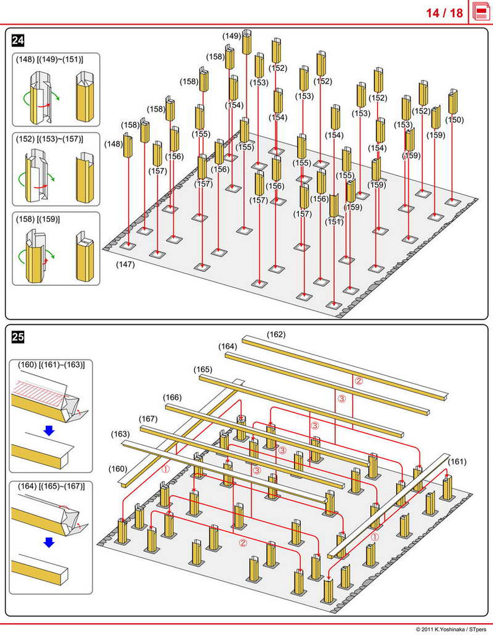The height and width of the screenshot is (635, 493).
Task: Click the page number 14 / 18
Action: [x=444, y=12]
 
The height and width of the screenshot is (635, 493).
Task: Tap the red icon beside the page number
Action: [x=481, y=12]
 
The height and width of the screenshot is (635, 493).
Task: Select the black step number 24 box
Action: [x=19, y=41]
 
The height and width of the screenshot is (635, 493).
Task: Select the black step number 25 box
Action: [x=19, y=337]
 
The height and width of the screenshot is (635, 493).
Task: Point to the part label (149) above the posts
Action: [x=231, y=37]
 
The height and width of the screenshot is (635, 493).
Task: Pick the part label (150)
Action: [x=455, y=120]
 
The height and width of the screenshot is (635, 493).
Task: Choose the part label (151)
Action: [x=334, y=221]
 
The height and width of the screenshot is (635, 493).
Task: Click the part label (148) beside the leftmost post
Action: [x=113, y=144]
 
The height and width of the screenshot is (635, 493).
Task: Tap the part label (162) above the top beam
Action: [x=276, y=335]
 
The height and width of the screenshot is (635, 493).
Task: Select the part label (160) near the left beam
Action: [x=118, y=468]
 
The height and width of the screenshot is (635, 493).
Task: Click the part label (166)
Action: [x=172, y=397]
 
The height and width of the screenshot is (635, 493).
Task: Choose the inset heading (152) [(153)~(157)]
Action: [x=49, y=139]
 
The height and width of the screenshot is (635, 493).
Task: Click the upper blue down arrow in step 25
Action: [x=49, y=430]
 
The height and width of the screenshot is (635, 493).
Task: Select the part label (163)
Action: [x=120, y=434]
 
